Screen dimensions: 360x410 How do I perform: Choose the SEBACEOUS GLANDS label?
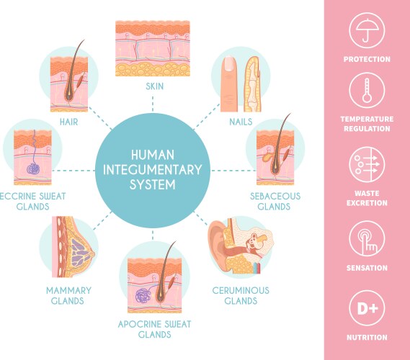(x=275, y=201)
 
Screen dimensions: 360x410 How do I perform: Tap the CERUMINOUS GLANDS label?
(x=240, y=295)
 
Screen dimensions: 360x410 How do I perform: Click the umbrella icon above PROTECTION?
(x=367, y=31)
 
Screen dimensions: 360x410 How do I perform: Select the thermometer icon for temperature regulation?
(x=367, y=92)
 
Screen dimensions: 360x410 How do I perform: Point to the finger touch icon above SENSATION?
(x=367, y=238)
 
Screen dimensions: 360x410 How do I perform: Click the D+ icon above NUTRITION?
(x=367, y=307)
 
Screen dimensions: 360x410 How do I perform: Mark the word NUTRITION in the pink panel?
(x=367, y=337)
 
